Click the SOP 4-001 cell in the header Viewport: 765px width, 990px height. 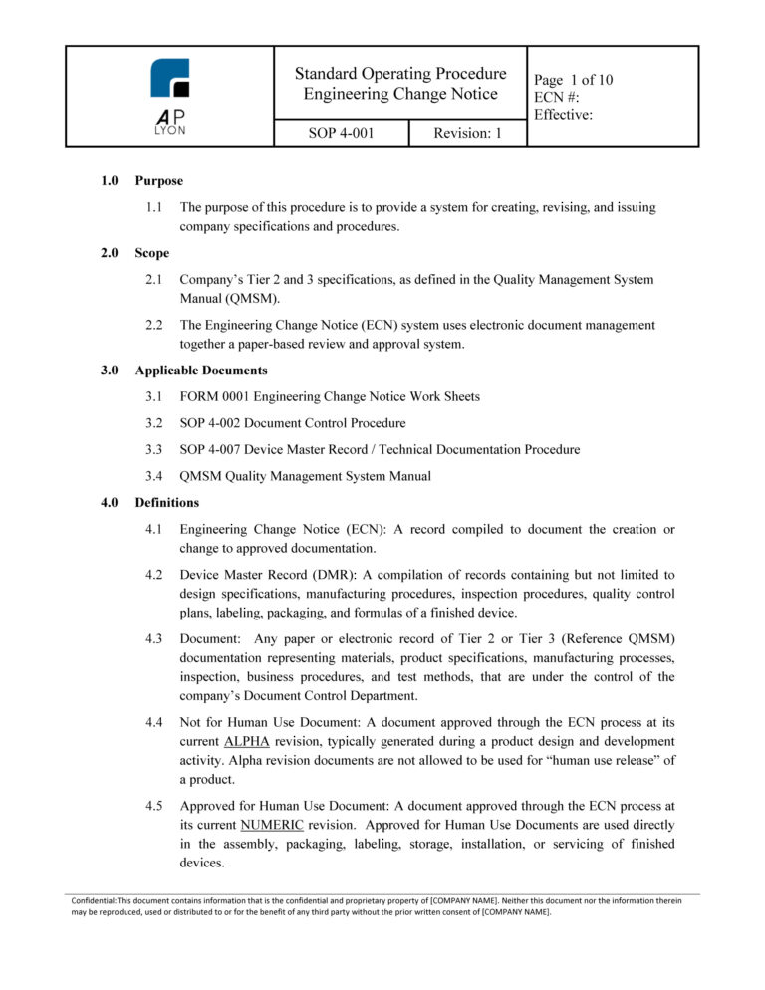tap(340, 133)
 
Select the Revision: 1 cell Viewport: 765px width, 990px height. tap(467, 133)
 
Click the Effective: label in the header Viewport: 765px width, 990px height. tap(565, 115)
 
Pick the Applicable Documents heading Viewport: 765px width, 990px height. tap(202, 371)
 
